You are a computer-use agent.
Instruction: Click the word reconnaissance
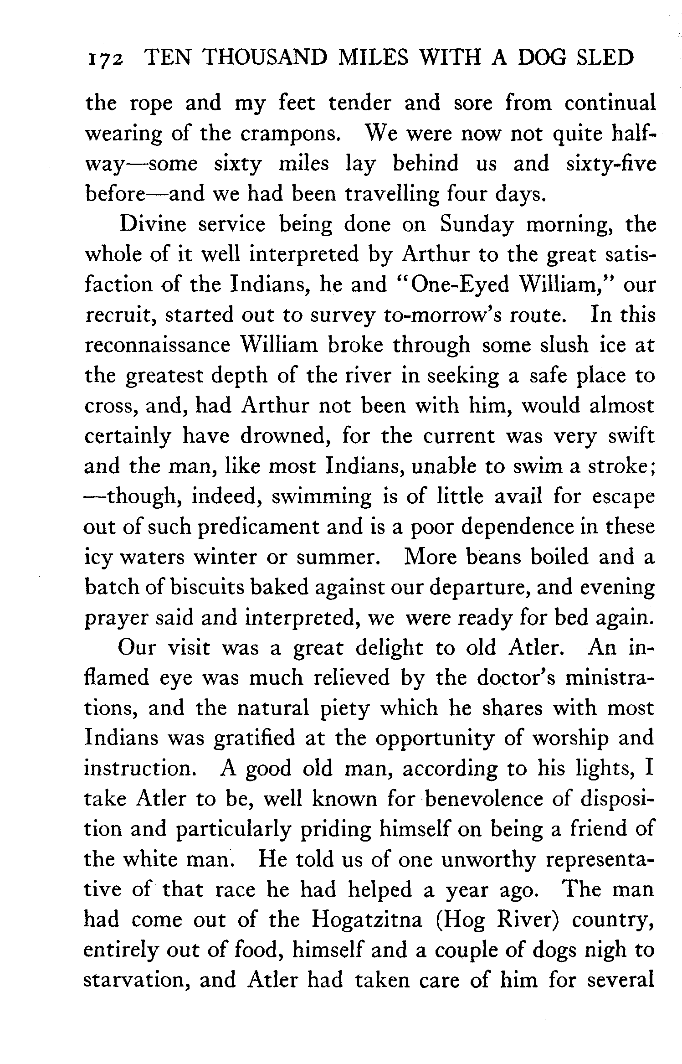click(157, 346)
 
